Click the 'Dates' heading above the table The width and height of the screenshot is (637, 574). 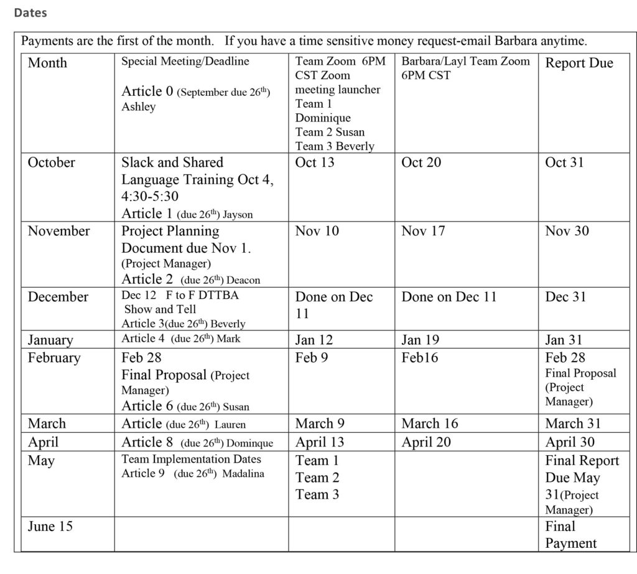click(30, 12)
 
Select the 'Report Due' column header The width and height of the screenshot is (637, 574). click(579, 63)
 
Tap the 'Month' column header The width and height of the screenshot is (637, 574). click(47, 63)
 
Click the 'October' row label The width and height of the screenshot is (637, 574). click(51, 162)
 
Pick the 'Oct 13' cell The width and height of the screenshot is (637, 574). click(314, 162)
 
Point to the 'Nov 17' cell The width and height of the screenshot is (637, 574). click(423, 231)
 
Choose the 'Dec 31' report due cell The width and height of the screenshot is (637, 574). click(565, 297)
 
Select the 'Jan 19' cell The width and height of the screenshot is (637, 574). click(421, 340)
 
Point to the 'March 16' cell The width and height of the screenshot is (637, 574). click(429, 424)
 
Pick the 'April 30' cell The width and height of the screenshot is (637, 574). click(570, 443)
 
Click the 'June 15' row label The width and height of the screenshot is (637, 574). click(50, 527)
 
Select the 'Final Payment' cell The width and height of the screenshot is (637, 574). click(570, 535)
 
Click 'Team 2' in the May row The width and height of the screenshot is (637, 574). click(317, 478)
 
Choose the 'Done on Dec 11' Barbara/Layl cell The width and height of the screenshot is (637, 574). click(449, 297)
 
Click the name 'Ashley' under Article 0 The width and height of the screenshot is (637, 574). click(138, 106)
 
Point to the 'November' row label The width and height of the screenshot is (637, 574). click(58, 231)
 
